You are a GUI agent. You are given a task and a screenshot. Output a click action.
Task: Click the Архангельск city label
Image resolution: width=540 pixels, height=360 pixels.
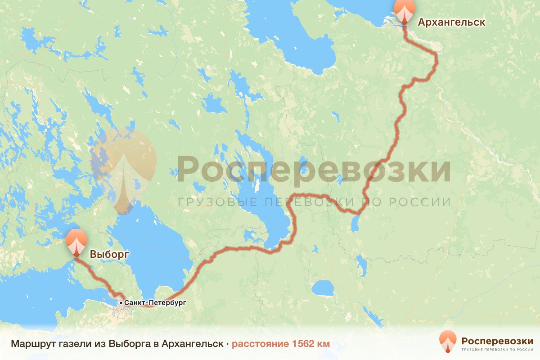(451, 22)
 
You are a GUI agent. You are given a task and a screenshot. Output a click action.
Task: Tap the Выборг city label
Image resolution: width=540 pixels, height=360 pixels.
(109, 254)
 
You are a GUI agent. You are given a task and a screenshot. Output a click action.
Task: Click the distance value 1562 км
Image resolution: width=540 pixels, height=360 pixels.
(311, 344)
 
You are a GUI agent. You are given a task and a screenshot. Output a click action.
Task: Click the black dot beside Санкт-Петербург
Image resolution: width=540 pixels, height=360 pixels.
(121, 303)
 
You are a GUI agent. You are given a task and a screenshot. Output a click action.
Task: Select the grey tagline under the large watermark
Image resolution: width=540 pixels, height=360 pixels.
(314, 202)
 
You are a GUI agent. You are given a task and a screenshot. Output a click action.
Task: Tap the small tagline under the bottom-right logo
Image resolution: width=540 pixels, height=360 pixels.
(497, 349)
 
